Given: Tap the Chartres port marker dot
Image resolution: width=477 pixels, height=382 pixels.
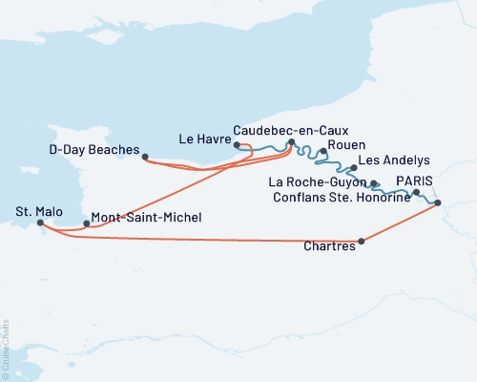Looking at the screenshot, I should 361,242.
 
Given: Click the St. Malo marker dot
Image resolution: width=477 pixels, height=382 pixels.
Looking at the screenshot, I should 40,223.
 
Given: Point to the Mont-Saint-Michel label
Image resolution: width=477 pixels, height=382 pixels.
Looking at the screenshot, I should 145,218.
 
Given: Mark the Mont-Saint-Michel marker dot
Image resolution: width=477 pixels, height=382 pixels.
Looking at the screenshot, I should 87,224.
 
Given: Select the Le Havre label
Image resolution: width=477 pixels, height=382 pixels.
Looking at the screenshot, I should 201,138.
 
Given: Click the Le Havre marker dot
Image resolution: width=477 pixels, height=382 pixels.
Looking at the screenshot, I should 236,145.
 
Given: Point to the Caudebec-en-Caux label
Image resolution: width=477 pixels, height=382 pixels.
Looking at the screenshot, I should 291,128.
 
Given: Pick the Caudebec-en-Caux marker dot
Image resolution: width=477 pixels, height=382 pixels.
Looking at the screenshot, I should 291,142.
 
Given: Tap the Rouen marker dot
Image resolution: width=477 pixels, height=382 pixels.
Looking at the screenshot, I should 324,152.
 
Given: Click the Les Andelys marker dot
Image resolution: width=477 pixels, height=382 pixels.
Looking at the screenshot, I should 354,168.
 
